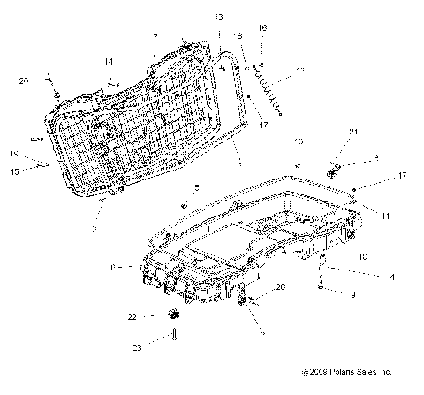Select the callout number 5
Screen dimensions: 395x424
pos(197,188)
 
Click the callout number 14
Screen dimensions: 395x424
pos(110,61)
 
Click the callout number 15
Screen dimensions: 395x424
pos(14,171)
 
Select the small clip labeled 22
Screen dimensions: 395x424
pos(173,315)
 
